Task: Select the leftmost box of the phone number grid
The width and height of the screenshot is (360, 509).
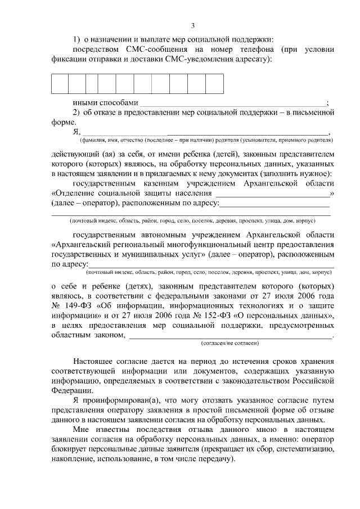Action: (x=60, y=83)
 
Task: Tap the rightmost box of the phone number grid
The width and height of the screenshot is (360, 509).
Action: (x=214, y=83)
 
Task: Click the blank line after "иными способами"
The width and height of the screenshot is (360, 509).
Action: (x=232, y=103)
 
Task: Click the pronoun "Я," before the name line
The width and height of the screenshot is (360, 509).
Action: (x=76, y=132)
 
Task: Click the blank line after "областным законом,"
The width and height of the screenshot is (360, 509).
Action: (x=231, y=336)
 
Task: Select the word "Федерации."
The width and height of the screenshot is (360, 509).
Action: (x=69, y=390)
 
